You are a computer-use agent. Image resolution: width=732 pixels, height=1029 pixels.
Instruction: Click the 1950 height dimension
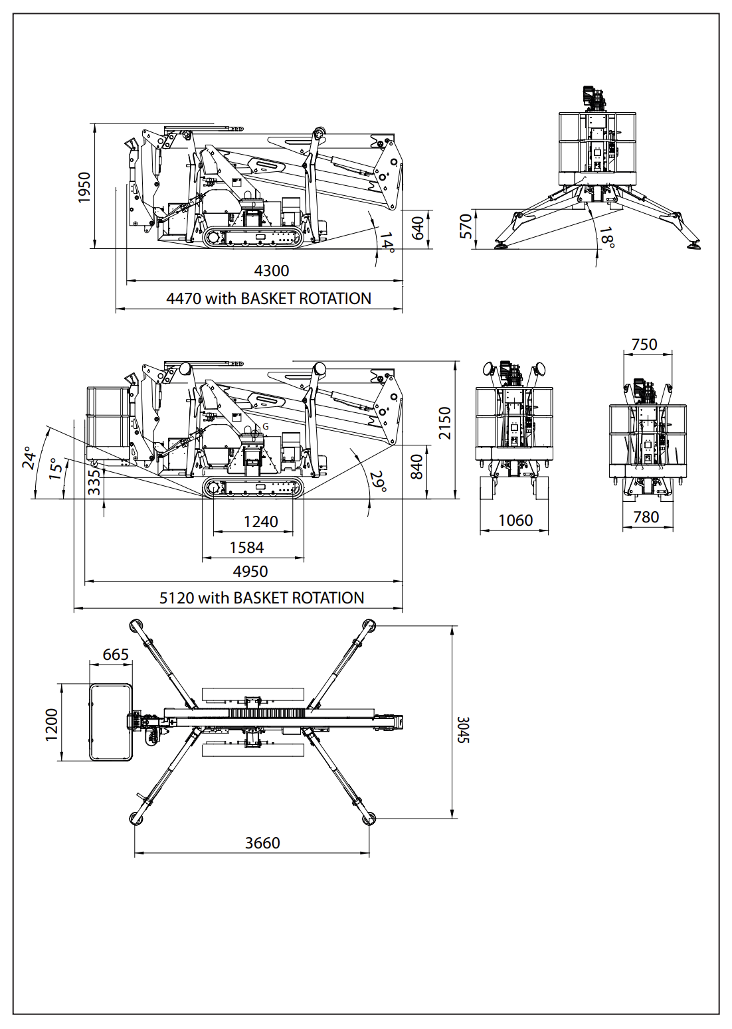coord(84,187)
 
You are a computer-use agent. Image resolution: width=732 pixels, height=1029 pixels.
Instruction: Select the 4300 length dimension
coord(272,271)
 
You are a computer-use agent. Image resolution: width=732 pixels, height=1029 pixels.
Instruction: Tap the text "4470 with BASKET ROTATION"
coord(268,299)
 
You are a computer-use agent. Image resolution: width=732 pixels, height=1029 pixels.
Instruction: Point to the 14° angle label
coord(387,242)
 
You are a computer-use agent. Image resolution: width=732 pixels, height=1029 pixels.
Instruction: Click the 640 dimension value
coord(417,228)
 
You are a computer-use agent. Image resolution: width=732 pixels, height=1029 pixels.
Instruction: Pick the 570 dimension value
coord(466,226)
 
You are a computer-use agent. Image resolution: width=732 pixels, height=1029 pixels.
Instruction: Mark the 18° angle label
coord(608,238)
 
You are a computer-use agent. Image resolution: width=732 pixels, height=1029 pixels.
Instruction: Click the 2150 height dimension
coord(444,423)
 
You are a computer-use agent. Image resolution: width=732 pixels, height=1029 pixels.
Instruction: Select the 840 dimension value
coord(416,467)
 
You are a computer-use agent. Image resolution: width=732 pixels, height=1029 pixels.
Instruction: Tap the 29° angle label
coord(378,481)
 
